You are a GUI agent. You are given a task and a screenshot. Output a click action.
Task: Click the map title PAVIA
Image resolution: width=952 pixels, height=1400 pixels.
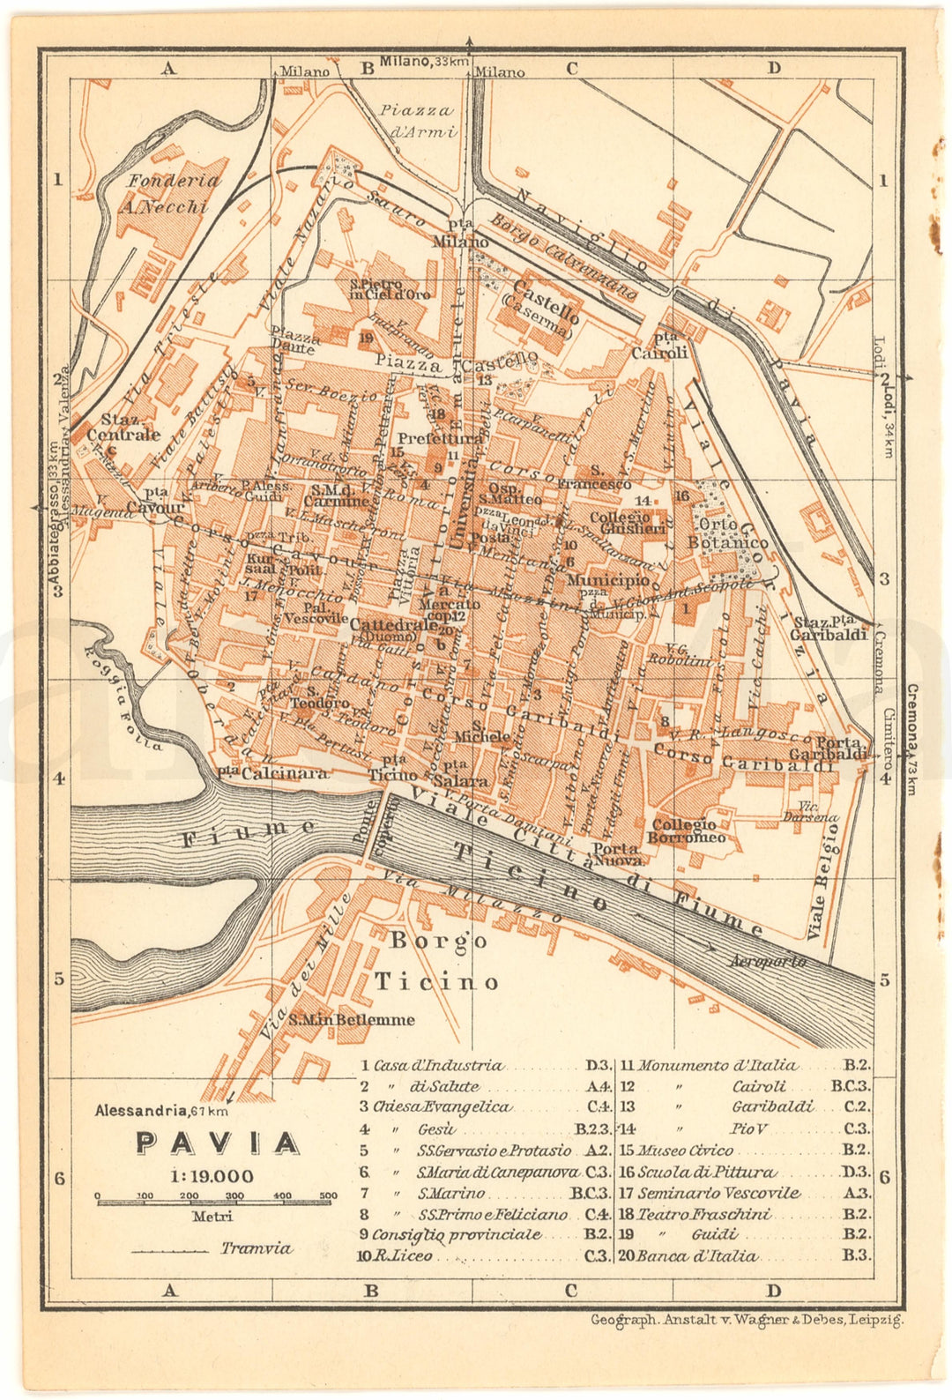217,1143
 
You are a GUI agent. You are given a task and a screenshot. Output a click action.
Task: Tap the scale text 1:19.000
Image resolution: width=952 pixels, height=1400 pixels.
212,1176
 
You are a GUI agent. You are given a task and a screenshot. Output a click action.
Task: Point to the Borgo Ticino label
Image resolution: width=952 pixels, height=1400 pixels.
437,961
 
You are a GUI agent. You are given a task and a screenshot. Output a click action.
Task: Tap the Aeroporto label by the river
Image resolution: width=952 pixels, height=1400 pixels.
766,961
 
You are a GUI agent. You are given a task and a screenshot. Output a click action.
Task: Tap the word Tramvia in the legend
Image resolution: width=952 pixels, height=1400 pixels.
256,1248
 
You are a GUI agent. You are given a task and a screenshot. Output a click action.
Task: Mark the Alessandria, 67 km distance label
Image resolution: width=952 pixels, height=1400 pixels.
161,1111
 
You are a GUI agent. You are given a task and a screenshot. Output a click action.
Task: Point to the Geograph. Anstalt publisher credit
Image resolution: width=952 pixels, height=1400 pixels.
746,1320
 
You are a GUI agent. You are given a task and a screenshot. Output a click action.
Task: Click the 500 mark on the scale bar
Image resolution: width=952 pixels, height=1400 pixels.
328,1196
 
